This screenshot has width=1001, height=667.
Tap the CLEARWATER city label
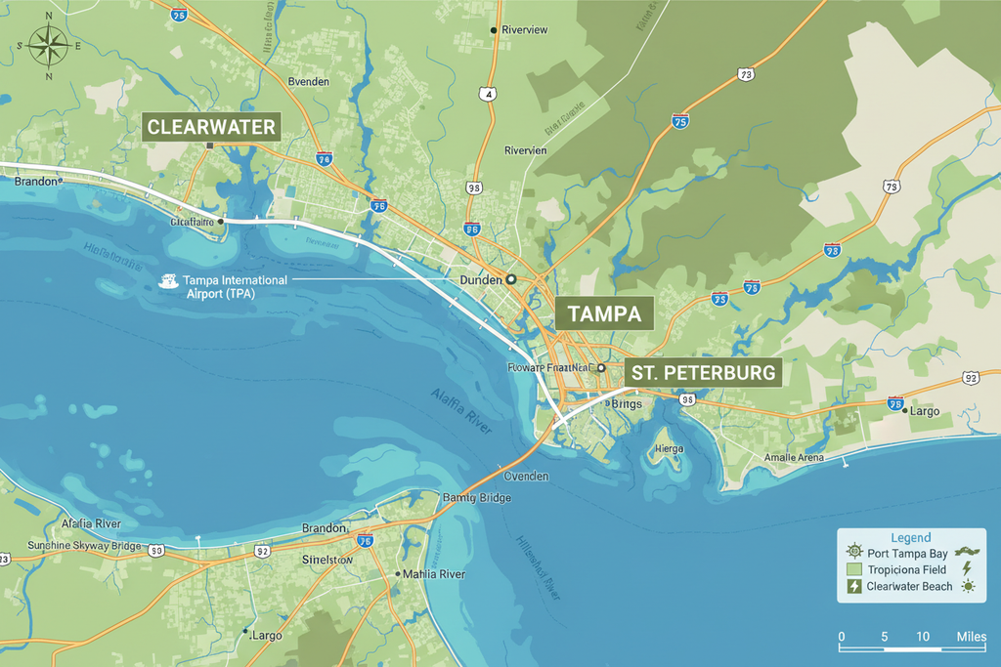click(211, 127)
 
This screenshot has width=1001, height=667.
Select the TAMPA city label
click(604, 313)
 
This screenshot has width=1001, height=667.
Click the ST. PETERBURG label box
click(703, 373)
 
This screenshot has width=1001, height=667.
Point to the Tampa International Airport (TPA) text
click(235, 286)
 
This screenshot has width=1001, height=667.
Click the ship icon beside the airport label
click(169, 281)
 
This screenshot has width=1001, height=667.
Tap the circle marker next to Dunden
click(510, 279)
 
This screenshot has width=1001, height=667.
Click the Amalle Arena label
click(794, 457)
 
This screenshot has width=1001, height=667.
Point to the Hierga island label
click(669, 448)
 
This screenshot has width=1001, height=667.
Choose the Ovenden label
click(526, 477)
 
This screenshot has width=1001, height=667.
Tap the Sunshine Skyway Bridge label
click(83, 545)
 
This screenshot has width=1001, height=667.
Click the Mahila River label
click(434, 574)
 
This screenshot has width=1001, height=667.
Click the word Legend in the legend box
click(911, 537)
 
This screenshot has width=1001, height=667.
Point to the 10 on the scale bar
click(923, 637)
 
